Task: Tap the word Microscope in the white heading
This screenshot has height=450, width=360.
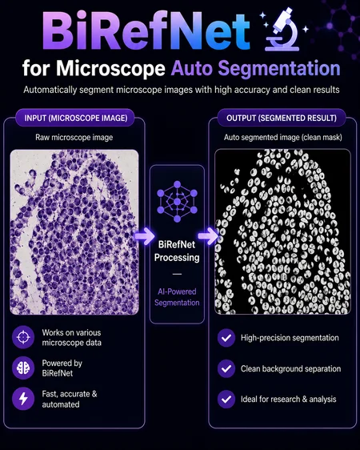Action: (110, 69)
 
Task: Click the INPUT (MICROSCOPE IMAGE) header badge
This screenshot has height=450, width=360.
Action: (75, 118)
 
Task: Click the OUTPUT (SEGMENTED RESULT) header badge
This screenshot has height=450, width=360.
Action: (282, 118)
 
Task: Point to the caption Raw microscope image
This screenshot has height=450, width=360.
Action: (74, 138)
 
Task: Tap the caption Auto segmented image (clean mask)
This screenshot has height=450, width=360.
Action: (283, 138)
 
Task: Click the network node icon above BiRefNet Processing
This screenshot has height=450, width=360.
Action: (177, 202)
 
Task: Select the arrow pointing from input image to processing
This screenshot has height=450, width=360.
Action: (145, 236)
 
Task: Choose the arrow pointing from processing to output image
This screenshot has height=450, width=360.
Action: (208, 236)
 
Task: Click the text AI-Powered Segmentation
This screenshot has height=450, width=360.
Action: (177, 297)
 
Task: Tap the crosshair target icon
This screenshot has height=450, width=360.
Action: (23, 337)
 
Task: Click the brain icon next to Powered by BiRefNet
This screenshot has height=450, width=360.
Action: (23, 368)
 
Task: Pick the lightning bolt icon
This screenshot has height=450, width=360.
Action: (23, 399)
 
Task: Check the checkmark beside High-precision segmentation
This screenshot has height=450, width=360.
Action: (226, 338)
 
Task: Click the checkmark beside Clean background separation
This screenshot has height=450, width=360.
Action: (226, 368)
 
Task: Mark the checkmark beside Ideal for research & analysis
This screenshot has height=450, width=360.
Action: (226, 399)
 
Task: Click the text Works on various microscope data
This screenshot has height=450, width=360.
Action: (72, 338)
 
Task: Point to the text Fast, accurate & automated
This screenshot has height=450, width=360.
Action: (70, 399)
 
